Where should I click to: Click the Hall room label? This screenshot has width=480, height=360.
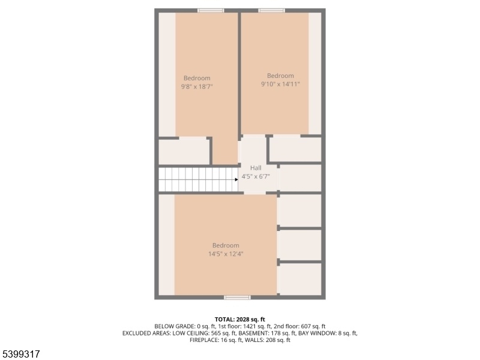[x=256, y=168]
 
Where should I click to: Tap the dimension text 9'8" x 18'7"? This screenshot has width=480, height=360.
[x=197, y=86]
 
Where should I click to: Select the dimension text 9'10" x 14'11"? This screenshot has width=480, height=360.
[x=280, y=84]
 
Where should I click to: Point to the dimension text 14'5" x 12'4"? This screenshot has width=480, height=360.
[x=226, y=254]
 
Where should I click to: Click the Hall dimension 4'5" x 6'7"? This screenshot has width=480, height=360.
[x=256, y=176]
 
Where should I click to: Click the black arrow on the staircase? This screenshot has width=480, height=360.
[x=236, y=179]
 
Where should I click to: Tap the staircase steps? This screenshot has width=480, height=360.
[x=198, y=179]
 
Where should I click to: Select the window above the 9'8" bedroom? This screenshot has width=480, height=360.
[x=211, y=11]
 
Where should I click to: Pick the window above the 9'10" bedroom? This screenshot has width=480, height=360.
[x=272, y=11]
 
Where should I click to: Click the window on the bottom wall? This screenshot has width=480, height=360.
[x=238, y=297]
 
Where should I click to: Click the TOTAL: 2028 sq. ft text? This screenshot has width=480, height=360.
[x=239, y=320]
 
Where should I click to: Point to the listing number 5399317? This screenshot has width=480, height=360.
[x=20, y=354]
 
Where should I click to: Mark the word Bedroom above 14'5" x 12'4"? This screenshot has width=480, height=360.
[x=226, y=245]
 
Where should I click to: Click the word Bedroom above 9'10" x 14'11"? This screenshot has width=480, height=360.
[x=280, y=76]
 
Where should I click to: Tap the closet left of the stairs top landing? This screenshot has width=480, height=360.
[x=184, y=151]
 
